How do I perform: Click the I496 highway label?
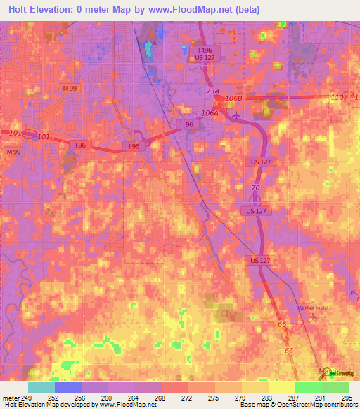click(x=205, y=51)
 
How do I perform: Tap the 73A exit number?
click(x=213, y=91)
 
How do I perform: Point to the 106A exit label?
click(x=210, y=112)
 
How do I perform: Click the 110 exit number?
click(x=337, y=97)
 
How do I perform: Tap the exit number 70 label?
click(x=255, y=188)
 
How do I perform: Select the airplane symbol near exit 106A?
click(x=236, y=115)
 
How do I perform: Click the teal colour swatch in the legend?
click(x=41, y=387)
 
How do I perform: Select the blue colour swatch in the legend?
click(x=67, y=387)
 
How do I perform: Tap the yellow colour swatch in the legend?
click(x=281, y=387)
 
